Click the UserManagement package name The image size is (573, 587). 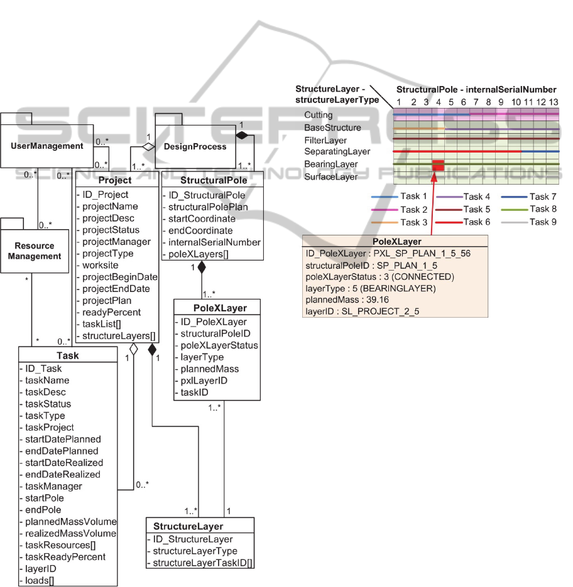(48, 146)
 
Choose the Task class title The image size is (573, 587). (67, 355)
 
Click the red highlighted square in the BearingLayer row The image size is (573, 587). (438, 165)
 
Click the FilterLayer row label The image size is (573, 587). (325, 140)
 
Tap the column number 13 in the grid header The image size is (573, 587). (553, 102)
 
